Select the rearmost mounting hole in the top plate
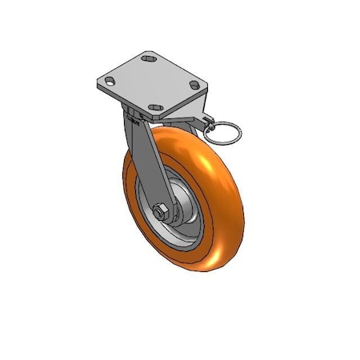pos(148,58)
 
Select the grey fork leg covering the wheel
pos(144,160)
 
